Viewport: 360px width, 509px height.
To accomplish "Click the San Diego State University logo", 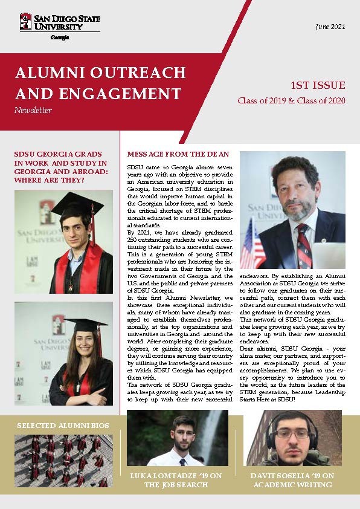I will pos(59,23).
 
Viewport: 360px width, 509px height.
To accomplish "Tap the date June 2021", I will pos(330,27).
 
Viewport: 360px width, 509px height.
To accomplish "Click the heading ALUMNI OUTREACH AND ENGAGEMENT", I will pos(100,83).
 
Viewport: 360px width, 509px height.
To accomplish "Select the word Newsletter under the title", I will pos(33,110).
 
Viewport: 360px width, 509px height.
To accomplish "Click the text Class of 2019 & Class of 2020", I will pos(291,100).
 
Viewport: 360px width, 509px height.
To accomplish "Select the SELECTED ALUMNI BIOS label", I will pos(63,426).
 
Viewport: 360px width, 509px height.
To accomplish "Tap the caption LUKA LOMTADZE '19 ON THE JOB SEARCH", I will pos(176,480).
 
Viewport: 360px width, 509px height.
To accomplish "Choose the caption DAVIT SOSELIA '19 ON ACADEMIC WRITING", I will pos(292,480).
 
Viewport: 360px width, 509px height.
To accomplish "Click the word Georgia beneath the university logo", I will pos(60,37).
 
